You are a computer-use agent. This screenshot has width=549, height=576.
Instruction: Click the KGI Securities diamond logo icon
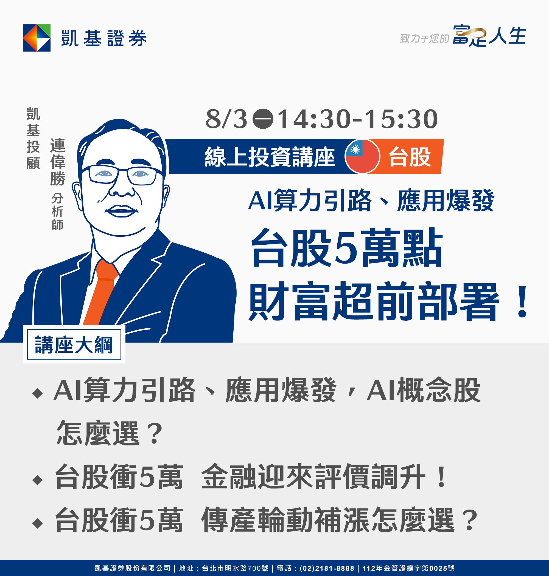(37, 38)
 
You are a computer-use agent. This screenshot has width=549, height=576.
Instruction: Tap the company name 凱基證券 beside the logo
(104, 38)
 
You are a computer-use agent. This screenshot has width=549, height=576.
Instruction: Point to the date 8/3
(226, 119)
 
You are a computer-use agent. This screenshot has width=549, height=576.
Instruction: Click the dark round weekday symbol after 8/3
(263, 119)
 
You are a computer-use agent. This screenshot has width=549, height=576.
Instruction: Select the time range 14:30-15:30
(357, 119)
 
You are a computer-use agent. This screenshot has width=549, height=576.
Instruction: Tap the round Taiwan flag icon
(362, 156)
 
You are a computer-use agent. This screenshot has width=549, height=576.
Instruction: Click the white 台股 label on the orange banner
(410, 157)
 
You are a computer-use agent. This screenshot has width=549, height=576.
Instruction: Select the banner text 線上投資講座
(270, 157)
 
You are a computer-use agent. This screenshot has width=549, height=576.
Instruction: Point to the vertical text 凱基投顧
(33, 138)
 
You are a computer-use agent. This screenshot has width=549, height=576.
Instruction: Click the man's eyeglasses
(122, 175)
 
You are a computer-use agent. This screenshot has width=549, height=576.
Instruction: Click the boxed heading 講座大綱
(74, 345)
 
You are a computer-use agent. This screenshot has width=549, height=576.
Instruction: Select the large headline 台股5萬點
(346, 248)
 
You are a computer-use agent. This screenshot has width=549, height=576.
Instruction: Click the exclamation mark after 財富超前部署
(522, 302)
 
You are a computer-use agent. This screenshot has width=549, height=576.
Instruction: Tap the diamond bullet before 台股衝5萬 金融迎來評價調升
(38, 480)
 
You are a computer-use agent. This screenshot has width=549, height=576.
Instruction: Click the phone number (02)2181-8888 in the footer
(327, 568)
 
